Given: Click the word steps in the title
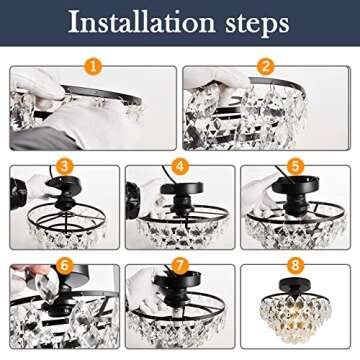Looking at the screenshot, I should pos(258,23).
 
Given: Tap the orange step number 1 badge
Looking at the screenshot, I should pos(93,67).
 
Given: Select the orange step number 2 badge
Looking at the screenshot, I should pos(266,67).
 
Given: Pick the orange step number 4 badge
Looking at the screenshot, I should pos(180,166).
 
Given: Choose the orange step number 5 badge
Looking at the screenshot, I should pos(296,166).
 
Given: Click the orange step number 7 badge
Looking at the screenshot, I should pos(180,265).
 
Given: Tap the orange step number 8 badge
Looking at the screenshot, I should pos(296,265).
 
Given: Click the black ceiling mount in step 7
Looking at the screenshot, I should pos(180,293).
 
